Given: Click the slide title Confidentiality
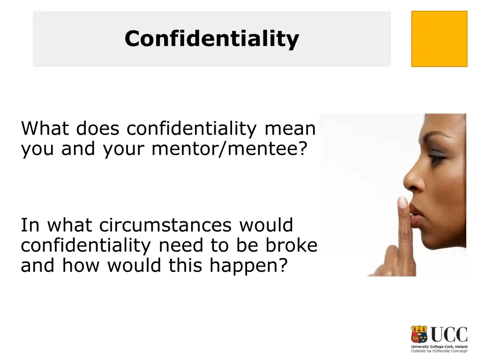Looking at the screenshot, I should click(x=211, y=38).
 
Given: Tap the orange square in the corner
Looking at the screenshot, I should click(x=439, y=39).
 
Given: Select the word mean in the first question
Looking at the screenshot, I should click(x=290, y=128).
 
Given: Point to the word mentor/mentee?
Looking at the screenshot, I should click(x=229, y=149).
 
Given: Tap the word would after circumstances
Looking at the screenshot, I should click(x=266, y=225).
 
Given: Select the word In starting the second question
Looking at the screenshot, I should click(x=30, y=225).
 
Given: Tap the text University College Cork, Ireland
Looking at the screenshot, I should click(x=439, y=346).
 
